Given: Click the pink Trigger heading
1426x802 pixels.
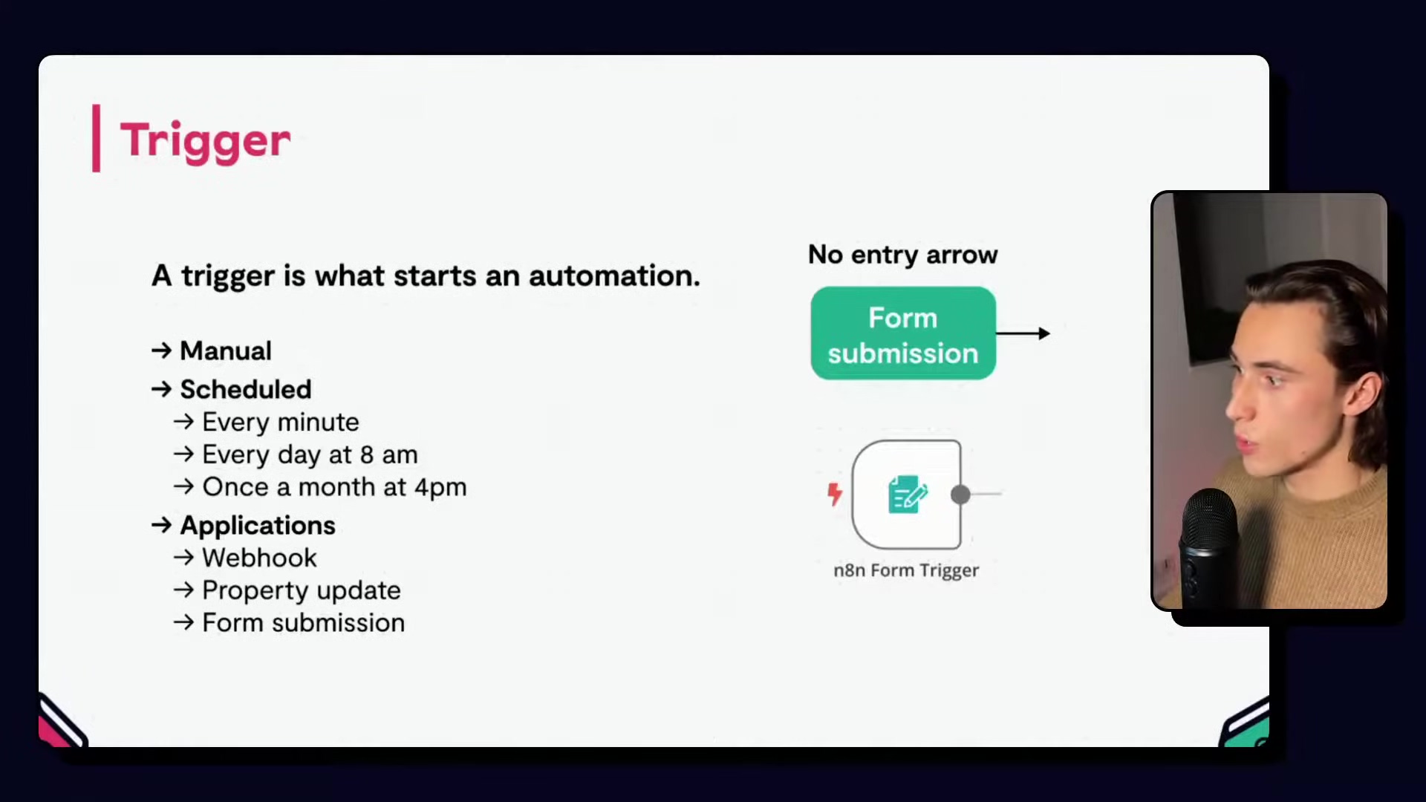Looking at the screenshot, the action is point(206,141).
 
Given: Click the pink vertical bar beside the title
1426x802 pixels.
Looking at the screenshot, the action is point(96,138).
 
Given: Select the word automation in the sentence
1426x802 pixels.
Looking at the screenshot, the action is point(614,276).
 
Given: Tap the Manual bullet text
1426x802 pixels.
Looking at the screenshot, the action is point(226,351).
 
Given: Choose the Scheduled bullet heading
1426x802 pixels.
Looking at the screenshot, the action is point(246,389).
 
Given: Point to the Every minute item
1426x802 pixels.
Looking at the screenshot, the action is point(281,422).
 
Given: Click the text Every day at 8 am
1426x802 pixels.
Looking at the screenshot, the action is point(310,454).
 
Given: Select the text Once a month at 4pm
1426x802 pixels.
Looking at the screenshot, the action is point(334,487).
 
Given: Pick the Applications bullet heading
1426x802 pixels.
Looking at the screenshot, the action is point(258,526).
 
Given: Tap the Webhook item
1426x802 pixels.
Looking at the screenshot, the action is point(259,558).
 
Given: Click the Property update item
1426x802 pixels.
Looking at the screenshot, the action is point(302,590).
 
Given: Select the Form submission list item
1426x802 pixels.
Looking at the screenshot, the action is point(304,623).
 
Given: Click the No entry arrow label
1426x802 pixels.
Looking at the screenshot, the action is point(903,255).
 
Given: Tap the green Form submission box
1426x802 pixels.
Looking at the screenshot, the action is point(903,333).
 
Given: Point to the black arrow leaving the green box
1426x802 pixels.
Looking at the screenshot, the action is point(1023,333).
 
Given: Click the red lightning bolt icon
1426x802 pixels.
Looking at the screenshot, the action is point(835,494).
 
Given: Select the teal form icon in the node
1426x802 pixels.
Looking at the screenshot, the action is point(907,495).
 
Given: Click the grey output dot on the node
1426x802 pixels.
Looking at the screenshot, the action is point(960,495).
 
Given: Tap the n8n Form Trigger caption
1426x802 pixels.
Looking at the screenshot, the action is point(906,570).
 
